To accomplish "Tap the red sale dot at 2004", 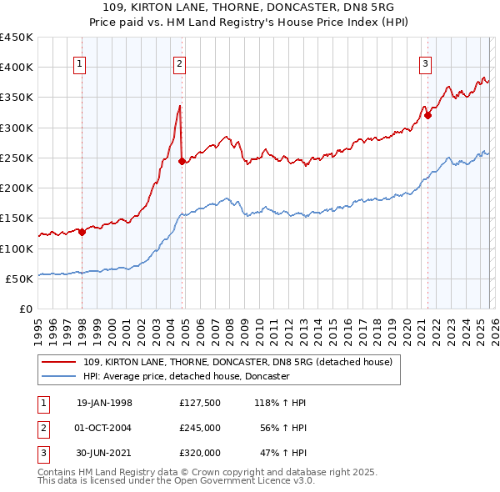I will coord(182,162).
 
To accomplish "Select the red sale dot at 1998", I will coord(82,233).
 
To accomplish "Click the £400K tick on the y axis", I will coord(17,68).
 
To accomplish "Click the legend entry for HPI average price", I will coord(185,377).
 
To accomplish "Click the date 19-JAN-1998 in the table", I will coord(104,403).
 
